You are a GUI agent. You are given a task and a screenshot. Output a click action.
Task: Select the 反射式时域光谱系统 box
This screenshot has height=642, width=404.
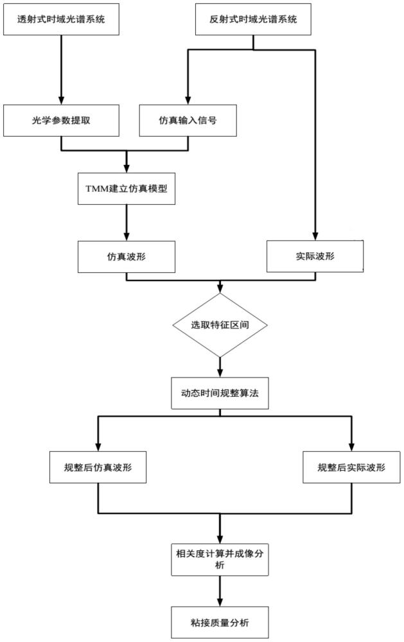tap(254, 19)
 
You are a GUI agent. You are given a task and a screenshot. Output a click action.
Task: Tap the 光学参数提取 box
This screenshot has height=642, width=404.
tap(62, 120)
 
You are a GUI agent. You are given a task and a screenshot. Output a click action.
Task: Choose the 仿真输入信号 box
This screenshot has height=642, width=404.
tap(188, 120)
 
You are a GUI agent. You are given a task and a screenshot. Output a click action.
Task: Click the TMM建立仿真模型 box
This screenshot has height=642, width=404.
tap(126, 189)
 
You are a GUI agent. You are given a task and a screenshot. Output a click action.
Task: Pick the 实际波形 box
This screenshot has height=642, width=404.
tap(315, 256)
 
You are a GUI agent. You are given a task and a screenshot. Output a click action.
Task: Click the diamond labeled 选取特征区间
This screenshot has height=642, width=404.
tap(220, 325)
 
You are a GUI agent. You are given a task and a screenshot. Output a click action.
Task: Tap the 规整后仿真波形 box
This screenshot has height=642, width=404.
tap(98, 467)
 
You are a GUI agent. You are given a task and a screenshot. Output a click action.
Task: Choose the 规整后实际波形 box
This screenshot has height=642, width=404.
tap(351, 467)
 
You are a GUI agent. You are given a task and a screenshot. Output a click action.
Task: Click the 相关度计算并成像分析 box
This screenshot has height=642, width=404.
tap(220, 557)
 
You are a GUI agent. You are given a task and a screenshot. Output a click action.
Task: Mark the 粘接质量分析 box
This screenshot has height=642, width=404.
tap(220, 622)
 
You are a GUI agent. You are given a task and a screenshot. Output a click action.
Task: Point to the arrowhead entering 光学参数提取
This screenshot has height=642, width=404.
tap(62, 100)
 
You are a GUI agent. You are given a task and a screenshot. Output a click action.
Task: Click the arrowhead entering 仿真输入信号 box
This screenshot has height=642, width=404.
tap(188, 100)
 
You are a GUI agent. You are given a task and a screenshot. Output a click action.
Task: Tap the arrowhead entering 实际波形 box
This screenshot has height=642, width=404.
tap(315, 236)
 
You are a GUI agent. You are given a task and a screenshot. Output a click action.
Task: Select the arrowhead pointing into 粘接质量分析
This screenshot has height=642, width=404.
tap(220, 602)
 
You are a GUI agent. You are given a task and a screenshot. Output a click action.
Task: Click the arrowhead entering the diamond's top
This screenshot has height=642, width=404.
tap(220, 289)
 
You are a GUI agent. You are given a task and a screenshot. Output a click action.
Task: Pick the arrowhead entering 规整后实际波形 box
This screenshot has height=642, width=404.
tap(351, 447)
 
